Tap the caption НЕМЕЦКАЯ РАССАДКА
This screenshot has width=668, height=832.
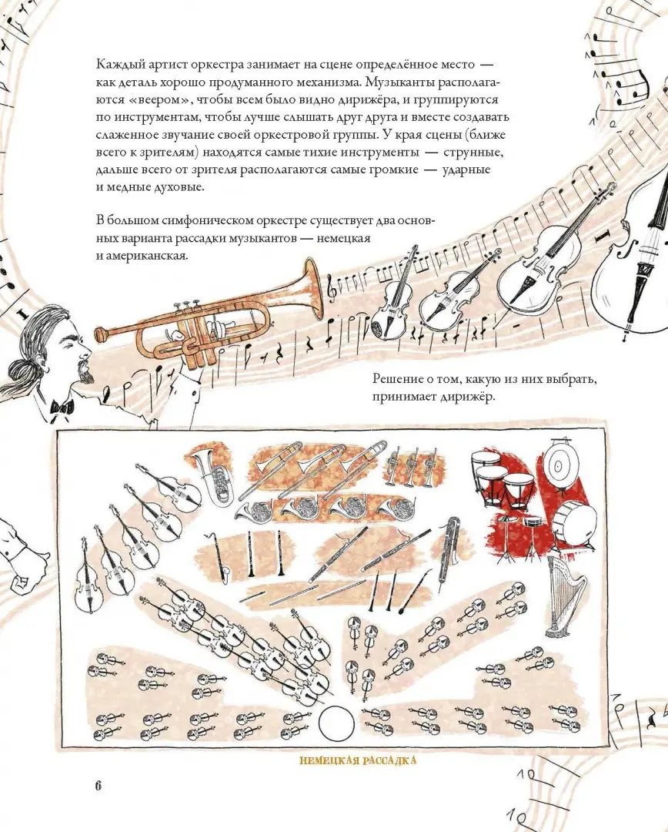[358, 760]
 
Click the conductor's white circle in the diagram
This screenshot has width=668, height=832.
[336, 723]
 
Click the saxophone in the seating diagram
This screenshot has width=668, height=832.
[222, 555]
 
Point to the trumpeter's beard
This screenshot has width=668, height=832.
[83, 371]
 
